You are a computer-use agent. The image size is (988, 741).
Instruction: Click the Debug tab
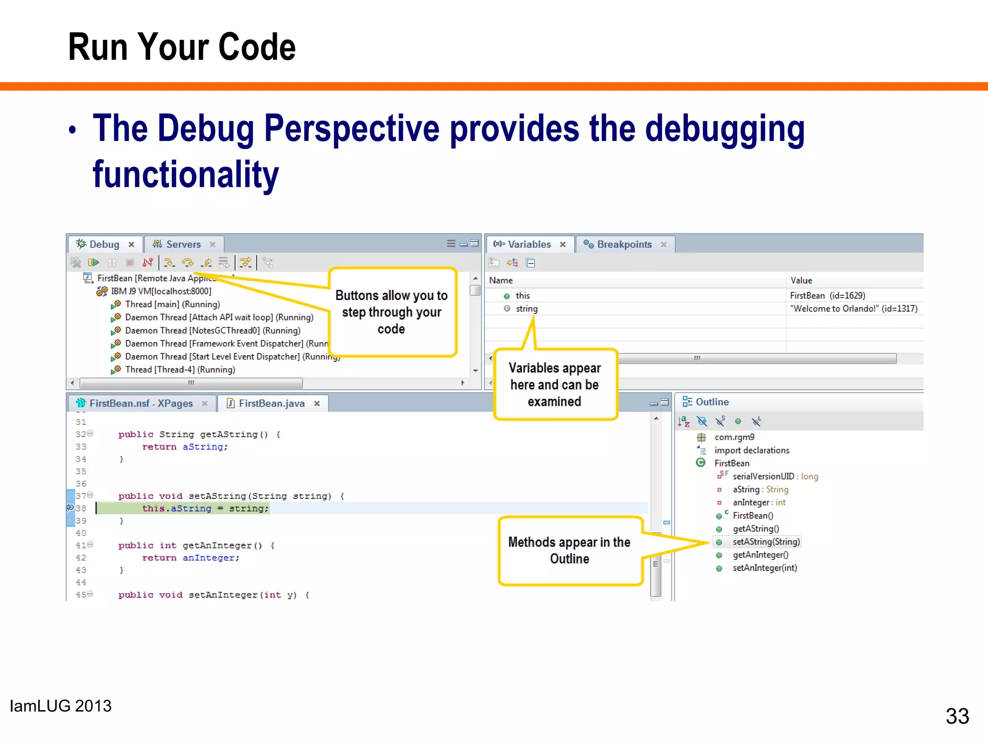104,245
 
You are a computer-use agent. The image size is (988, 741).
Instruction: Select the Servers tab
183,245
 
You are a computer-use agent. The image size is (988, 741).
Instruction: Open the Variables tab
529,245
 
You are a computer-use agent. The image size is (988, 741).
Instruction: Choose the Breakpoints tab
624,245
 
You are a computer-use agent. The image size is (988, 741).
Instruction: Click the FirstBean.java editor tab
271,403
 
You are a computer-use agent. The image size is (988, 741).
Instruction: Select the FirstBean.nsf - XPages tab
140,403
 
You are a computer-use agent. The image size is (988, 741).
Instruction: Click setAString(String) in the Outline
766,542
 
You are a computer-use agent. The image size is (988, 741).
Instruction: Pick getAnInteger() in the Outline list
760,555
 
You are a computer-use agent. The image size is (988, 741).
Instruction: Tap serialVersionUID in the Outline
763,476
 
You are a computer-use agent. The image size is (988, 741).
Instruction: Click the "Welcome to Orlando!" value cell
853,309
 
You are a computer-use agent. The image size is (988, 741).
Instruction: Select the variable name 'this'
522,296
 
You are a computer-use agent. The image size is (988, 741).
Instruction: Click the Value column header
801,280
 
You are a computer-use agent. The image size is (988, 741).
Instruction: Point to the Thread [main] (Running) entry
172,304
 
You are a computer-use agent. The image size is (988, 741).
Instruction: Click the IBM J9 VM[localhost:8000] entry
161,291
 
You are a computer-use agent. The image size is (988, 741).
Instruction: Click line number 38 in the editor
81,508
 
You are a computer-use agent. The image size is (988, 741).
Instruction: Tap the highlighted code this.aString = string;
205,508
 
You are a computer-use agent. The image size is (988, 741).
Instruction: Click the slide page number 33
957,716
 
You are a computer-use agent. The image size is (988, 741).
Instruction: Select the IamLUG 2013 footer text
61,706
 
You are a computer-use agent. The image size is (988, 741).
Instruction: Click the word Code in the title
257,47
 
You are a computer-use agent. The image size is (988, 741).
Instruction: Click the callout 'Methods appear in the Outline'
569,550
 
